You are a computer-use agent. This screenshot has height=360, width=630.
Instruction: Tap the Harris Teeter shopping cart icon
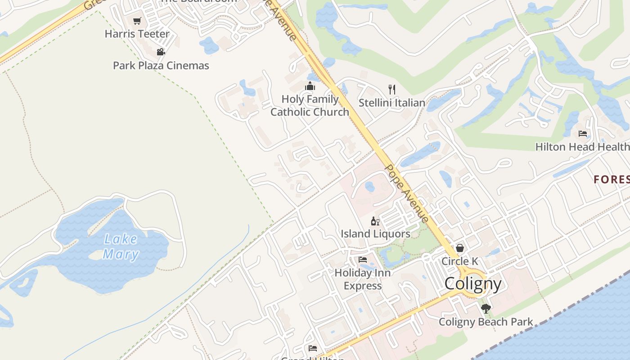[x=137, y=21]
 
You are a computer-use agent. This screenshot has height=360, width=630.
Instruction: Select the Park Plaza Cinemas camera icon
[x=161, y=52]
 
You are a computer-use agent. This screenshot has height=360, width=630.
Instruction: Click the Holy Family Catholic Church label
[x=310, y=105]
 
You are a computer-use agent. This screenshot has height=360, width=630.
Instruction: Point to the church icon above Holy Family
[x=310, y=86]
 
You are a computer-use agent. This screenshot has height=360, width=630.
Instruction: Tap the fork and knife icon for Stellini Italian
[x=392, y=89]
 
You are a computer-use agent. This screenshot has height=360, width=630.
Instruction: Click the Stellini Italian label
[x=392, y=103]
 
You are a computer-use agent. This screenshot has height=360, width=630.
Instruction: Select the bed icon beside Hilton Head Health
[x=583, y=133]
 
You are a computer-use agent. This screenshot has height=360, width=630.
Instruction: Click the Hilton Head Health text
[x=582, y=147]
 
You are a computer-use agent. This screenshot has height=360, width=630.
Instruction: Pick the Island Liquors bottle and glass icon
[x=375, y=221]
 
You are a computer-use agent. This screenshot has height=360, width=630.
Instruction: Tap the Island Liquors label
[x=375, y=234]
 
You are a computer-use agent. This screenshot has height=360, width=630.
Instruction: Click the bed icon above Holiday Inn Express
[x=363, y=260]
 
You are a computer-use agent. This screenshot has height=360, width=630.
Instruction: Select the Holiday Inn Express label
[x=363, y=279]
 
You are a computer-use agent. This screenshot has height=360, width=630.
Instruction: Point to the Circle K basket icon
[x=460, y=248]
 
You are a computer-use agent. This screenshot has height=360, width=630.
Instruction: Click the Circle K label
[x=460, y=261]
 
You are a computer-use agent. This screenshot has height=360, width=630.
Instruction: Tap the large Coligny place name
[x=473, y=284]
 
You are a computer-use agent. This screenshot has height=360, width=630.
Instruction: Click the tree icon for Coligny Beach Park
[x=486, y=309]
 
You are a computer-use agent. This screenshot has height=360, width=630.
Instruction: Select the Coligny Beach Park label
[x=486, y=322]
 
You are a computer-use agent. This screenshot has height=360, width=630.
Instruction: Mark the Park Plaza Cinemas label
[x=161, y=65]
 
